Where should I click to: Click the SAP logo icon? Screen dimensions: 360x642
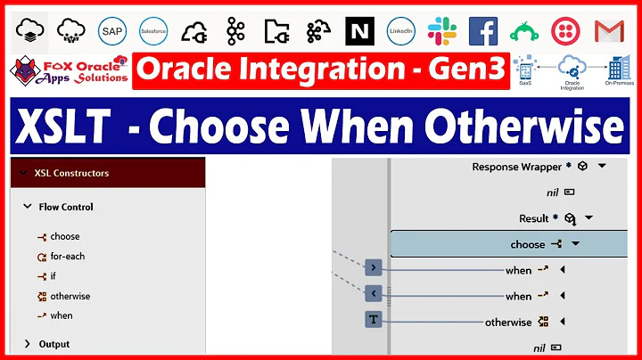112,31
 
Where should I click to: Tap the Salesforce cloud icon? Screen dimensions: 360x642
153,31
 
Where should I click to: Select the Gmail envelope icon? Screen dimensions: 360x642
609,31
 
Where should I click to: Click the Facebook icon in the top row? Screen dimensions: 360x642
483,31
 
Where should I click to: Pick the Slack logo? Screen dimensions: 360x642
442,31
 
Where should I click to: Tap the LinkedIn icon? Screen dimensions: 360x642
401,31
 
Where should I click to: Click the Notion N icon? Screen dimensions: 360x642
360,31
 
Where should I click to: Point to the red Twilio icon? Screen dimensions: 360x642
567,31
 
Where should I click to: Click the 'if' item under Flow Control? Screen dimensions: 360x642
53,276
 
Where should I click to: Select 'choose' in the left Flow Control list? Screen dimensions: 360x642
64,236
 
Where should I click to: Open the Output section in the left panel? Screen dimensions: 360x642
53,344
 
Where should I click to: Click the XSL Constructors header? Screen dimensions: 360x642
71,173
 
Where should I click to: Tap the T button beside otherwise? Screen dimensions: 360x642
373,320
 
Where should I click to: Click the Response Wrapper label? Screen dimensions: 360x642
516,167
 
